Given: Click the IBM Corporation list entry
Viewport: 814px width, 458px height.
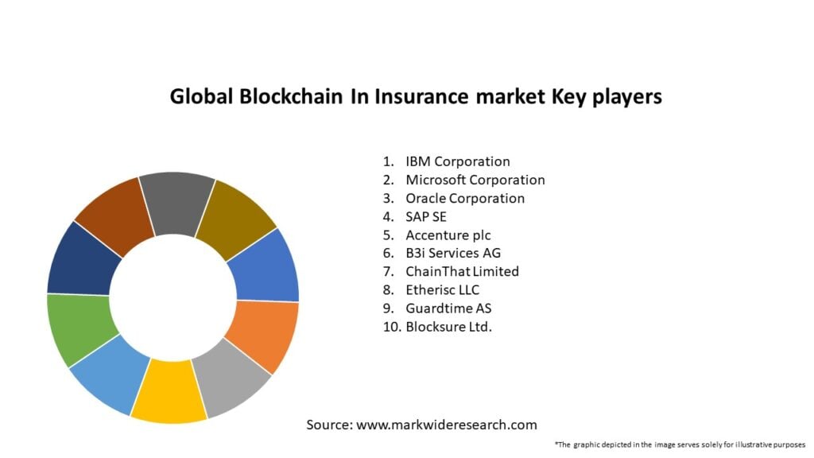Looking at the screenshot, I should pyautogui.click(x=457, y=161).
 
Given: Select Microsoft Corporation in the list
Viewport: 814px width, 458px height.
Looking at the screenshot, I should pyautogui.click(x=475, y=180).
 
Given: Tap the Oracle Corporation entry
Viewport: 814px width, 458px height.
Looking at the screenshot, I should pyautogui.click(x=465, y=198).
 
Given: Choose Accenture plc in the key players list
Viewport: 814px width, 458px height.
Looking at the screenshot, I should pyautogui.click(x=448, y=235).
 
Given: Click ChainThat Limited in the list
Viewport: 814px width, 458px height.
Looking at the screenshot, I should pyautogui.click(x=462, y=271).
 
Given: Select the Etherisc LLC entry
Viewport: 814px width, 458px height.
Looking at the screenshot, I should pyautogui.click(x=442, y=289).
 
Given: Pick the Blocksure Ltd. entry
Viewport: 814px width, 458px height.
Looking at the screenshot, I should pyautogui.click(x=448, y=326).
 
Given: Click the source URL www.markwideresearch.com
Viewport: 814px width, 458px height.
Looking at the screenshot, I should pyautogui.click(x=447, y=425).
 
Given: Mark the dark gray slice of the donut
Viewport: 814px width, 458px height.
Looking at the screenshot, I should pyautogui.click(x=177, y=202).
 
